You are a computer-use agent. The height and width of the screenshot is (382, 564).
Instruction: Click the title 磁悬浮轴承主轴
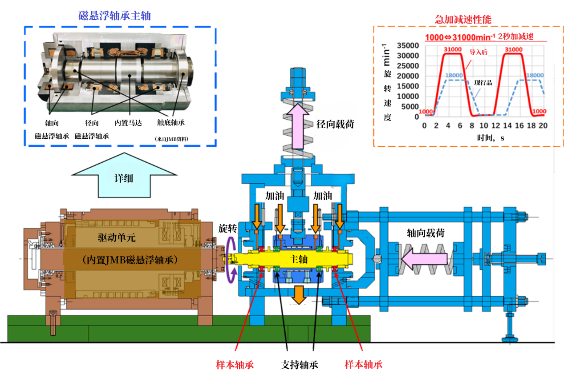click(115, 16)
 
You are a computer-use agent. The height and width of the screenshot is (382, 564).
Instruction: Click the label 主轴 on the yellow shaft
click(298, 260)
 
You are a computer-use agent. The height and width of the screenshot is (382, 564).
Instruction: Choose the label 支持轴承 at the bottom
click(299, 365)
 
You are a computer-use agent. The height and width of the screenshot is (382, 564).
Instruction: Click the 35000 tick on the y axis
click(408, 46)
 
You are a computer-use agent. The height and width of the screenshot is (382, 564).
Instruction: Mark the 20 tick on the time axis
click(543, 126)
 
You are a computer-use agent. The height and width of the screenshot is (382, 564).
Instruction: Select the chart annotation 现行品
click(483, 83)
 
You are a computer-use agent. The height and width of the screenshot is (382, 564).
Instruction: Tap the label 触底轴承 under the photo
click(171, 123)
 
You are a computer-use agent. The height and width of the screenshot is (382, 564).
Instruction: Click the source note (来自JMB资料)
click(172, 139)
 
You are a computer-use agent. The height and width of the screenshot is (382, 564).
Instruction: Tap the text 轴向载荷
click(425, 233)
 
